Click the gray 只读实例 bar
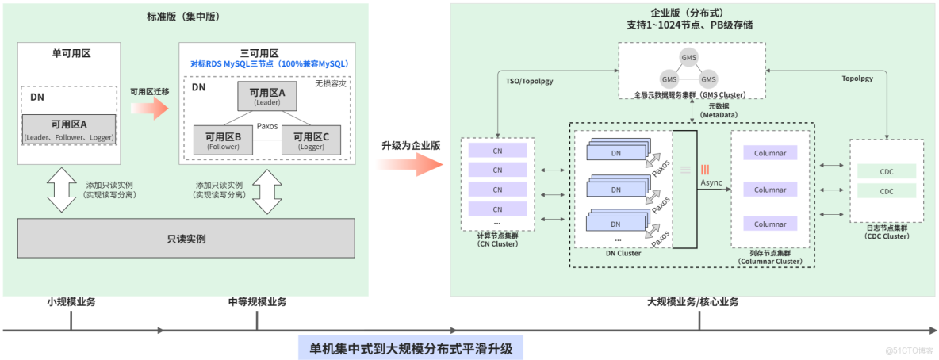tap(187, 238)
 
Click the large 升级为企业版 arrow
tap(409, 163)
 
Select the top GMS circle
tap(688, 58)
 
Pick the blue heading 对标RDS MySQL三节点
tap(269, 63)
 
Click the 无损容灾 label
tap(331, 82)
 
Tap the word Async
tap(711, 183)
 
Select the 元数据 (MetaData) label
tap(718, 110)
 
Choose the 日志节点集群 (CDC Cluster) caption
tap(886, 232)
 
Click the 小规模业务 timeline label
tap(71, 301)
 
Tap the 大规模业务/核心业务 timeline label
tap(692, 301)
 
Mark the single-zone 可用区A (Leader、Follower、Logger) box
tap(70, 128)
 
